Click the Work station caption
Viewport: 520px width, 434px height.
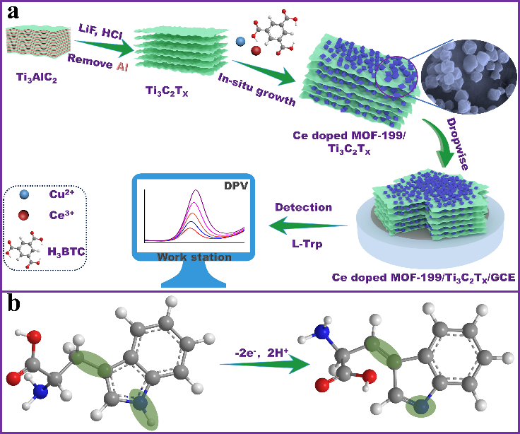pos(194,257)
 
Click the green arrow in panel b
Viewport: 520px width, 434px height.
pos(263,365)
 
